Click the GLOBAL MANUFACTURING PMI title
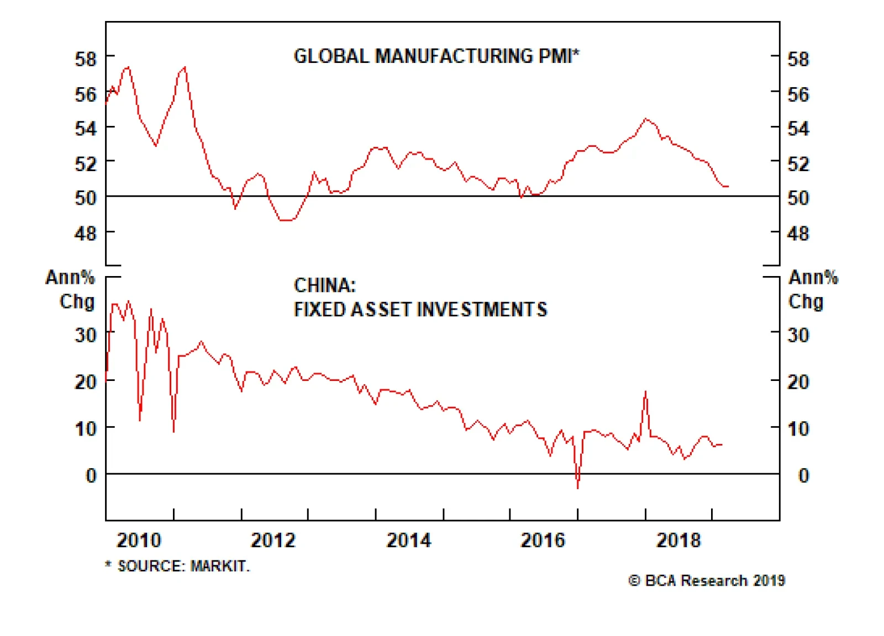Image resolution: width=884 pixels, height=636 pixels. pos(436,56)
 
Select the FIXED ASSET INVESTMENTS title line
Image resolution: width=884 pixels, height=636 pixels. pos(420,309)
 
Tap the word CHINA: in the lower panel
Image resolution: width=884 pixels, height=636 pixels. pos(325,285)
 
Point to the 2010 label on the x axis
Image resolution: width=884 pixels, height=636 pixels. pos(139,540)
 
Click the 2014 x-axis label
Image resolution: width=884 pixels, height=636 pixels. pos(409,540)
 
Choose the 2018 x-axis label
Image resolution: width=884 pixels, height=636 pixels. pos(678,540)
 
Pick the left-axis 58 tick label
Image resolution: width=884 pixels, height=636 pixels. pos(86,59)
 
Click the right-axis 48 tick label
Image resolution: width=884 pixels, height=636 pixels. pos(798,234)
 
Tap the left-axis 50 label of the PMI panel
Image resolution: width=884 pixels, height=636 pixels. pos(86,198)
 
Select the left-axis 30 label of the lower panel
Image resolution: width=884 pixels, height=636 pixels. pos(86,335)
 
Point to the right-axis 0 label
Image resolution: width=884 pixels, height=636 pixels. pos(803,475)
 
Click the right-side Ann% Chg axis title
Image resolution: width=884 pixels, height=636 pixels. pos(812,289)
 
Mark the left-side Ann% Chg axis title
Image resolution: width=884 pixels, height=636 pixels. pos(71,289)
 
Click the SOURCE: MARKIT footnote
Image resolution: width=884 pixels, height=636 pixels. pos(178,566)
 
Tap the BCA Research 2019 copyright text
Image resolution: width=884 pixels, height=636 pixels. pos(707,580)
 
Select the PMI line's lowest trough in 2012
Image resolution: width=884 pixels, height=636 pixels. pos(286,220)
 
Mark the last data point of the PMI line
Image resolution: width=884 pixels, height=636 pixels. pos(728,187)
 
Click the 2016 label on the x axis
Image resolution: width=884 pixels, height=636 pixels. pos(543,540)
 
